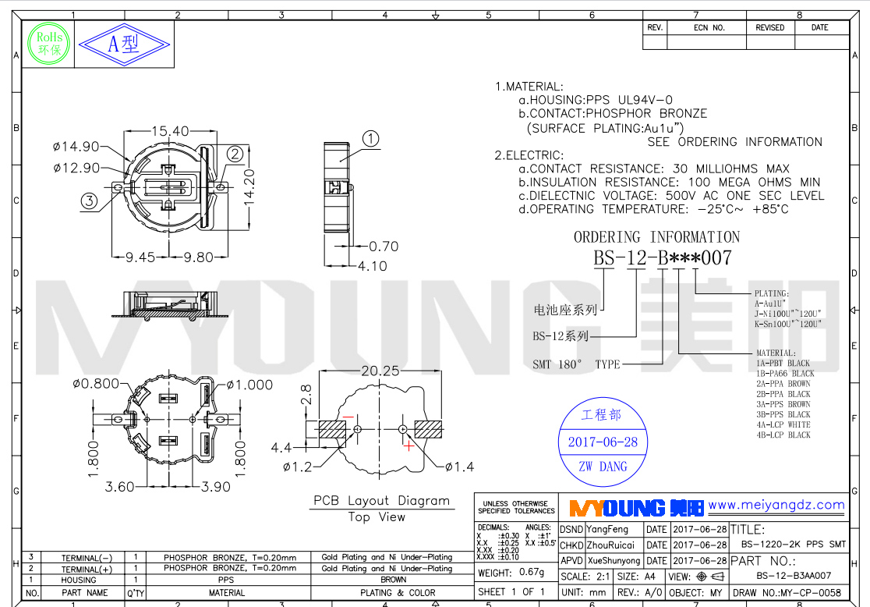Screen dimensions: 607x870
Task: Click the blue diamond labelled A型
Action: click(124, 43)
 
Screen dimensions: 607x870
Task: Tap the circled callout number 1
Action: click(371, 139)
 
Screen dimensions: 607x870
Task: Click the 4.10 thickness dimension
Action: click(372, 266)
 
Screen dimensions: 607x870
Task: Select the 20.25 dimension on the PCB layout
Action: click(380, 371)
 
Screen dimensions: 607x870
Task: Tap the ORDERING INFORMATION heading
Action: click(656, 237)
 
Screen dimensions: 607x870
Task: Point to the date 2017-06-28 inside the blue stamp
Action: click(602, 442)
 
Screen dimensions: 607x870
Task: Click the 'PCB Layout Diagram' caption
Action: click(381, 501)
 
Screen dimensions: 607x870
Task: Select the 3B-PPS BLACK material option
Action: click(783, 414)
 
